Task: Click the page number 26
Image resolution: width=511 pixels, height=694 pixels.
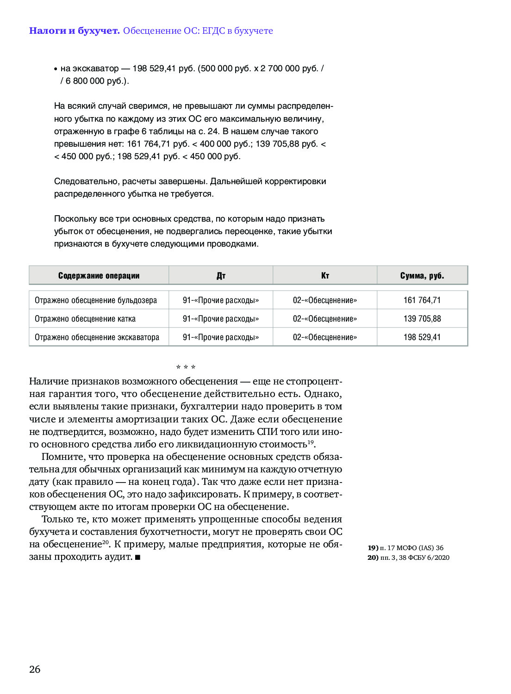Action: coord(35,669)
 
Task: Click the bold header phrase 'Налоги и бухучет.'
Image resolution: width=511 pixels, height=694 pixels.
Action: coord(74,31)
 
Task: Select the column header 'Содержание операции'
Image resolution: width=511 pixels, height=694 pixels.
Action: coord(99,276)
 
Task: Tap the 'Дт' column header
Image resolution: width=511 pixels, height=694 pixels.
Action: coord(221,276)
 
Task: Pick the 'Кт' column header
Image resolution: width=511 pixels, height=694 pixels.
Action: coord(325,276)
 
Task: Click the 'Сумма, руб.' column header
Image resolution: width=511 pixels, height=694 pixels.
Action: coord(422,276)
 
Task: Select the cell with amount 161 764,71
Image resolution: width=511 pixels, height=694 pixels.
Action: coord(422,300)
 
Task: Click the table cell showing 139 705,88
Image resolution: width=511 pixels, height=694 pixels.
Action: coord(422,319)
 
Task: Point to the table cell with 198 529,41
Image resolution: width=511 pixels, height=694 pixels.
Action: coord(422,337)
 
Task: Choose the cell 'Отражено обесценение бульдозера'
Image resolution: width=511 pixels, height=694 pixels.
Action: coord(96,300)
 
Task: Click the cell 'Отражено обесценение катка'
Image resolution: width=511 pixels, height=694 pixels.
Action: coord(85,319)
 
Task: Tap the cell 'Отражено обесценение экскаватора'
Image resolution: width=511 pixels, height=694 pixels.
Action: coord(97,337)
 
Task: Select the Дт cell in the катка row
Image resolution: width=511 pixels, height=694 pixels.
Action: coord(221,319)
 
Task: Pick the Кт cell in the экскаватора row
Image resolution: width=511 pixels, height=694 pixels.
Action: coord(325,337)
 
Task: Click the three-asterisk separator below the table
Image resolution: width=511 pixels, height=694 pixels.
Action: coord(186,367)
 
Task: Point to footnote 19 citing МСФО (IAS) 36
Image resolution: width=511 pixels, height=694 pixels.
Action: coord(405,548)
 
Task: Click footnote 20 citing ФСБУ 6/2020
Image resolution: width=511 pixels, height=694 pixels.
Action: coord(408,558)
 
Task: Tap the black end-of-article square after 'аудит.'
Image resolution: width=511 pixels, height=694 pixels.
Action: coord(137,558)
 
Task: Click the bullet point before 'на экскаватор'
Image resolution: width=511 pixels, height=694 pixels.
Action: coord(56,69)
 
